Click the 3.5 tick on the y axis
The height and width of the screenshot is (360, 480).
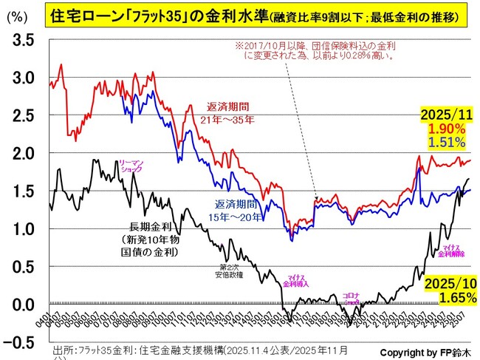(21, 40)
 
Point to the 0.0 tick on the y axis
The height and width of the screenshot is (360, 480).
(21, 304)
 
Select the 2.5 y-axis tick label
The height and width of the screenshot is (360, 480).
(21, 115)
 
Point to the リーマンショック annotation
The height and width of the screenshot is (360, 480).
(130, 166)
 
